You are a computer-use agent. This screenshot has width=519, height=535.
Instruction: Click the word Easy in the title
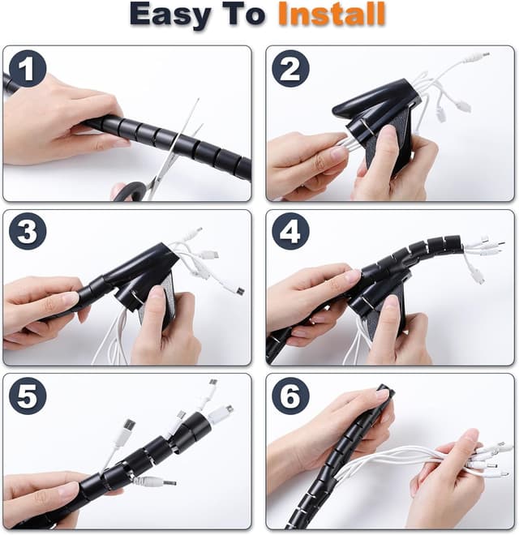coord(170,15)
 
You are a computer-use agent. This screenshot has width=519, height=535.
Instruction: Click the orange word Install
coord(332,14)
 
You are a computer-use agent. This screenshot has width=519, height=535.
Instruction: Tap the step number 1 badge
coord(28,69)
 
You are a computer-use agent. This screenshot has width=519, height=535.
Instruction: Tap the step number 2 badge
coord(290,69)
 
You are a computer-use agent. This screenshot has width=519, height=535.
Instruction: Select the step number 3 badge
coord(28,231)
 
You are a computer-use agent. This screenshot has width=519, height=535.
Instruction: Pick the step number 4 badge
coord(290,231)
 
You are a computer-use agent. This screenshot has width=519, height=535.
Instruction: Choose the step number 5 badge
coord(28,396)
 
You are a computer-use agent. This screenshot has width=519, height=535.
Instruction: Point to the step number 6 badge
coord(290,396)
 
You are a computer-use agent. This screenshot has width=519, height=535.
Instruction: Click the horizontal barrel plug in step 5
coord(157,481)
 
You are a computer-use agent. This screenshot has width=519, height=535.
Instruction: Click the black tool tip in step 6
coord(385,389)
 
